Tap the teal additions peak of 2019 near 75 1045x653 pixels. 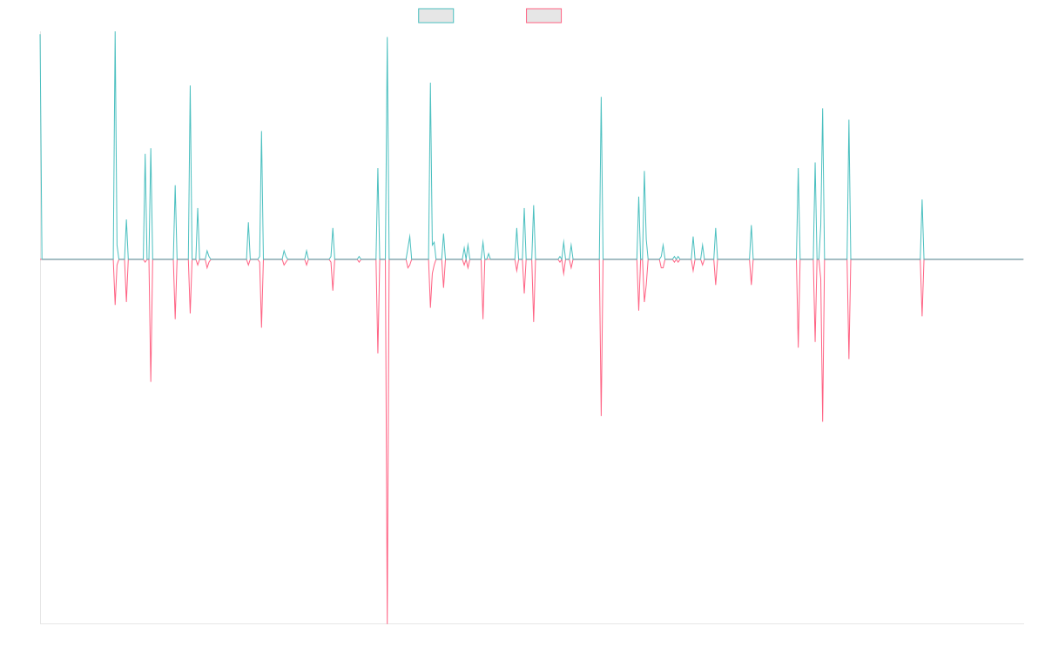[388, 37]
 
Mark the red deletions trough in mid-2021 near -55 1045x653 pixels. [601, 415]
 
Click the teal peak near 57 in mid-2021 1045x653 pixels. [601, 98]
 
